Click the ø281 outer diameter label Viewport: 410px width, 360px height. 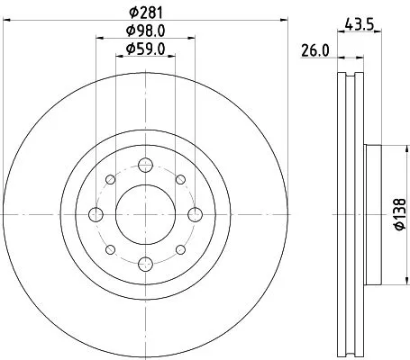[146, 12]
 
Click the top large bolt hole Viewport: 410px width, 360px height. [145, 165]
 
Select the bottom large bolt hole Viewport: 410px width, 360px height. [145, 264]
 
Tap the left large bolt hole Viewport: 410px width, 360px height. [96, 214]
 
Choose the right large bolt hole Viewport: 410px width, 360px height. [195, 214]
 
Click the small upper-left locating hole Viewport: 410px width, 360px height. [110, 179]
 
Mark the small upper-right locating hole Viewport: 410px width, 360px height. [180, 179]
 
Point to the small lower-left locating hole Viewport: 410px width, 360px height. [110, 249]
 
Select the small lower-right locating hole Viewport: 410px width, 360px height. [180, 249]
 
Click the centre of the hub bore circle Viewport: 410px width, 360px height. [145, 214]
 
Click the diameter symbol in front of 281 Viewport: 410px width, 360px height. [132, 12]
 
